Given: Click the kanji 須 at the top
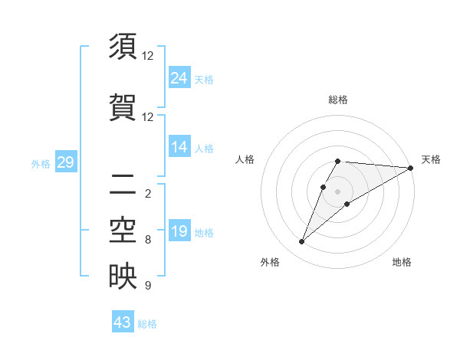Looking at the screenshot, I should [123, 48].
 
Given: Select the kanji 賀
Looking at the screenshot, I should [123, 107].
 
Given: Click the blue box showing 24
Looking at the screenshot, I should [179, 77].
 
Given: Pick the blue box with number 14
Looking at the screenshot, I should [179, 147].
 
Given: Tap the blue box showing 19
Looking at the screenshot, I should [179, 231].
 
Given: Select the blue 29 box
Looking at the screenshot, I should [65, 162].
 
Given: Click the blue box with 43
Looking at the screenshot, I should [123, 322].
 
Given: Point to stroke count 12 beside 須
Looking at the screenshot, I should [148, 56].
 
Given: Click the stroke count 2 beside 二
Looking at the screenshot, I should [148, 193].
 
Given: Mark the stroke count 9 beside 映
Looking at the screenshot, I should [148, 286].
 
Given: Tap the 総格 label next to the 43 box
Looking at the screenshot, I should [148, 324].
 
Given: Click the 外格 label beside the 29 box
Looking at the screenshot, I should [40, 163].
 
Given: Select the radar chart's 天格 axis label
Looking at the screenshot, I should [431, 159].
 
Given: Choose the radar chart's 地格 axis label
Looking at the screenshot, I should [402, 262].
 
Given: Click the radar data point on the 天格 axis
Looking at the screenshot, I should [412, 168].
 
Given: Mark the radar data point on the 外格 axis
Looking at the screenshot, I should [301, 242].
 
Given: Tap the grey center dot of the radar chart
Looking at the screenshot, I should [337, 191].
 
